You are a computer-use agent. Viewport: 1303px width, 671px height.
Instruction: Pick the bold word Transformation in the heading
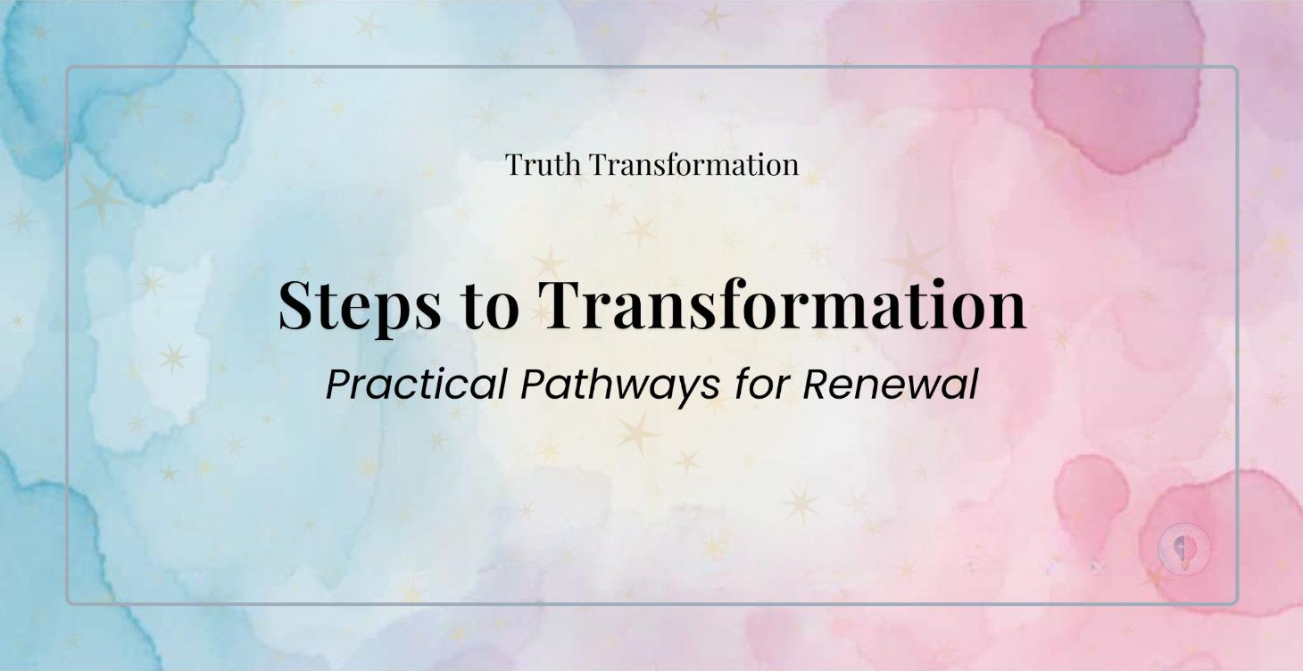point(784,303)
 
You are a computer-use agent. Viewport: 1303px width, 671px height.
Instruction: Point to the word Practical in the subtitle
point(417,385)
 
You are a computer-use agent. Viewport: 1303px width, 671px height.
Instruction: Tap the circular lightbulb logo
point(1184,549)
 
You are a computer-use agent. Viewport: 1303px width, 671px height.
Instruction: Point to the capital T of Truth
point(514,164)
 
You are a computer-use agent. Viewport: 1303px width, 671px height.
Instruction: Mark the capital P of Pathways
point(534,384)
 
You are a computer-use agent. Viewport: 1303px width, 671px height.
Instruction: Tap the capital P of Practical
point(338,384)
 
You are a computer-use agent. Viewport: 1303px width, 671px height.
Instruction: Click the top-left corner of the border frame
point(68,68)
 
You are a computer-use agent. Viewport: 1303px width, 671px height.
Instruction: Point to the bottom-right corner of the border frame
point(1236,603)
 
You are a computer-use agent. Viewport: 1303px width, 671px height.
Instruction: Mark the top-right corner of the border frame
point(1236,68)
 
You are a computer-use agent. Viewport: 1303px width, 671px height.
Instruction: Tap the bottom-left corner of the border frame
point(68,603)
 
